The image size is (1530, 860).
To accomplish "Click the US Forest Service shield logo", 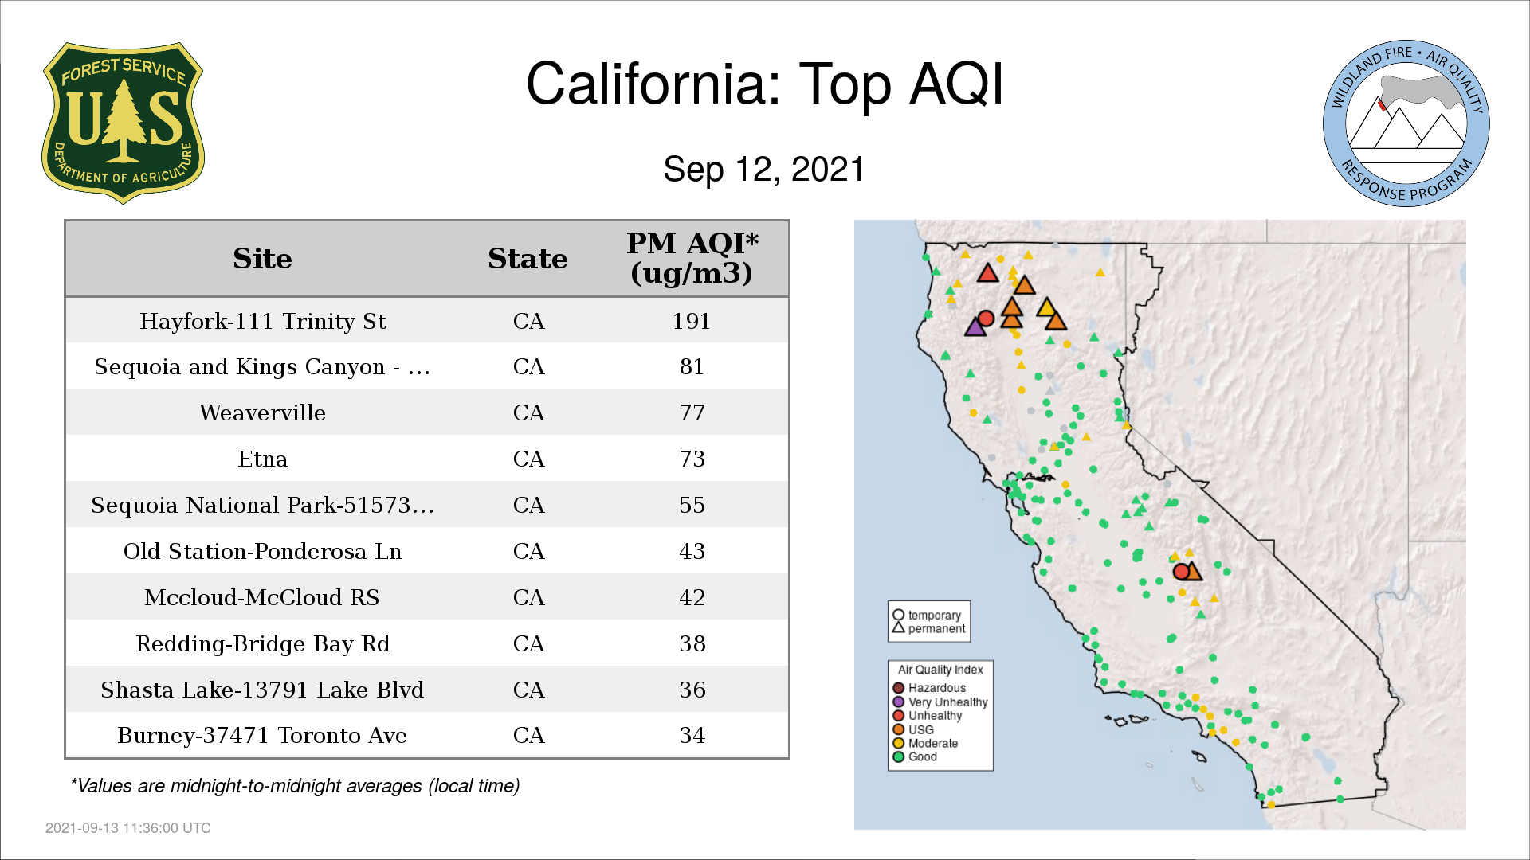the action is click(x=123, y=123).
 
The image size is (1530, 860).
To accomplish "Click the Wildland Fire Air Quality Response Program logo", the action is click(x=1406, y=123).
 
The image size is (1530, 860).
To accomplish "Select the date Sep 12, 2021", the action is click(x=763, y=169).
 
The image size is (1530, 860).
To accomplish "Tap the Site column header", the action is click(x=262, y=259).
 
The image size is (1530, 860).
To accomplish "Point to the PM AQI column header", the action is click(x=692, y=258).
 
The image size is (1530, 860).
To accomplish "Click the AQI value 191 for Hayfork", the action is click(x=691, y=321).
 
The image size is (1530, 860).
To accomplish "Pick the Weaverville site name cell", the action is click(x=262, y=412).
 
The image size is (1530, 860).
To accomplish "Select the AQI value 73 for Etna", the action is click(x=692, y=459).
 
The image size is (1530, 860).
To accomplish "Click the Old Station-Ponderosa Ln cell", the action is click(x=262, y=551).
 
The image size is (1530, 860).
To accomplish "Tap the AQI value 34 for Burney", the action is click(x=692, y=735).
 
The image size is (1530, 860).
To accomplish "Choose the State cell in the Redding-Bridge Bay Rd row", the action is click(x=528, y=643).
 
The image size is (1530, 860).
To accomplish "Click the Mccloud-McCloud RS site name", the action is click(x=262, y=597).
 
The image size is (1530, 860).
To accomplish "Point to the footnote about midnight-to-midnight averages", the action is click(x=295, y=786).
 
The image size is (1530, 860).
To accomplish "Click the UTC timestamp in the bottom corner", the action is click(x=128, y=828).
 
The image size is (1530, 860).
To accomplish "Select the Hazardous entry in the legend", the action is click(x=929, y=688).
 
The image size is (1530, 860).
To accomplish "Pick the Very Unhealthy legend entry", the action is click(x=940, y=702).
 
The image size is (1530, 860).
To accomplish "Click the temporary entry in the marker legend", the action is click(x=927, y=615).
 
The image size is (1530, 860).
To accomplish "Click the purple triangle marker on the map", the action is click(x=975, y=326).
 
